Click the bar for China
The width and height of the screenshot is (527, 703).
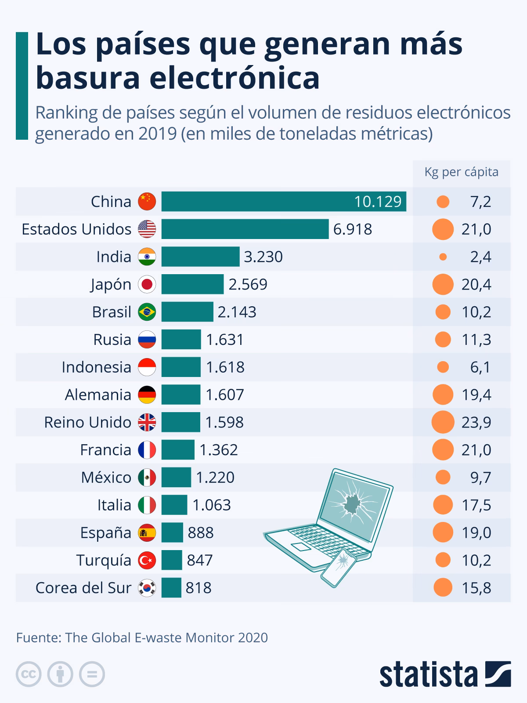coord(283,202)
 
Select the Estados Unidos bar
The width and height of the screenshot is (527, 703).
coord(245,229)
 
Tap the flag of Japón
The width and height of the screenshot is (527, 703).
coord(147,284)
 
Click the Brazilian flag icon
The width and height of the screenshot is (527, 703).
coord(147,312)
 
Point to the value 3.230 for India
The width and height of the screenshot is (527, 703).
coord(263,257)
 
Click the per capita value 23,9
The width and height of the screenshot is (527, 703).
coord(476,422)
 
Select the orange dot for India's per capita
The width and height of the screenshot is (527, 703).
coord(443,257)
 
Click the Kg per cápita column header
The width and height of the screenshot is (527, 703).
coord(461,172)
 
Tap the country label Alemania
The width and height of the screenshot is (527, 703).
coord(98,395)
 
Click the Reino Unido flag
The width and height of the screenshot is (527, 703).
coord(147,422)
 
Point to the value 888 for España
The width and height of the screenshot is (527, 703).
coord(200,533)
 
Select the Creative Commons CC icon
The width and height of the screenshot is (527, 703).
coord(29,674)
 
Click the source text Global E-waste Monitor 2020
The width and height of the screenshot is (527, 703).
coord(166,638)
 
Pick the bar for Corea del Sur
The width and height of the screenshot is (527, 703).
coord(171,587)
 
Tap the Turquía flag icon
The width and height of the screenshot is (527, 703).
coord(147,560)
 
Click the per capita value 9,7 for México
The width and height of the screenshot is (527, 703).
coord(480,477)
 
